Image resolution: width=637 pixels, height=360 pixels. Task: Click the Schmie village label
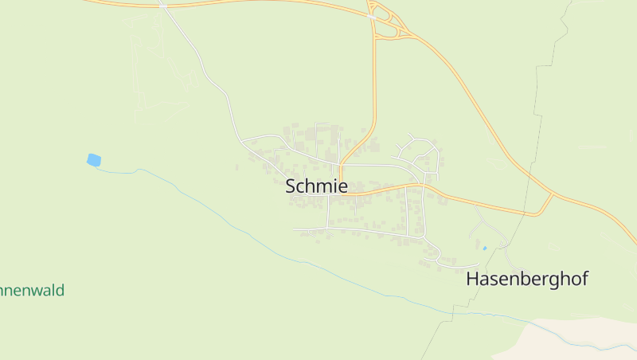316,186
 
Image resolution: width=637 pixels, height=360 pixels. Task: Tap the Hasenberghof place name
526,279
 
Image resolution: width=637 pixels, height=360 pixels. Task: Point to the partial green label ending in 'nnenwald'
32,290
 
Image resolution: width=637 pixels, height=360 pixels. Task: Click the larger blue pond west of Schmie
94,160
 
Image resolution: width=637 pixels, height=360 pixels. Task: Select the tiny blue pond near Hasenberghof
484,248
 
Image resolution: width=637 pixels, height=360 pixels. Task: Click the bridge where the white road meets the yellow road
162,4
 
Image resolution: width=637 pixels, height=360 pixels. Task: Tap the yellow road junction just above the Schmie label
341,169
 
